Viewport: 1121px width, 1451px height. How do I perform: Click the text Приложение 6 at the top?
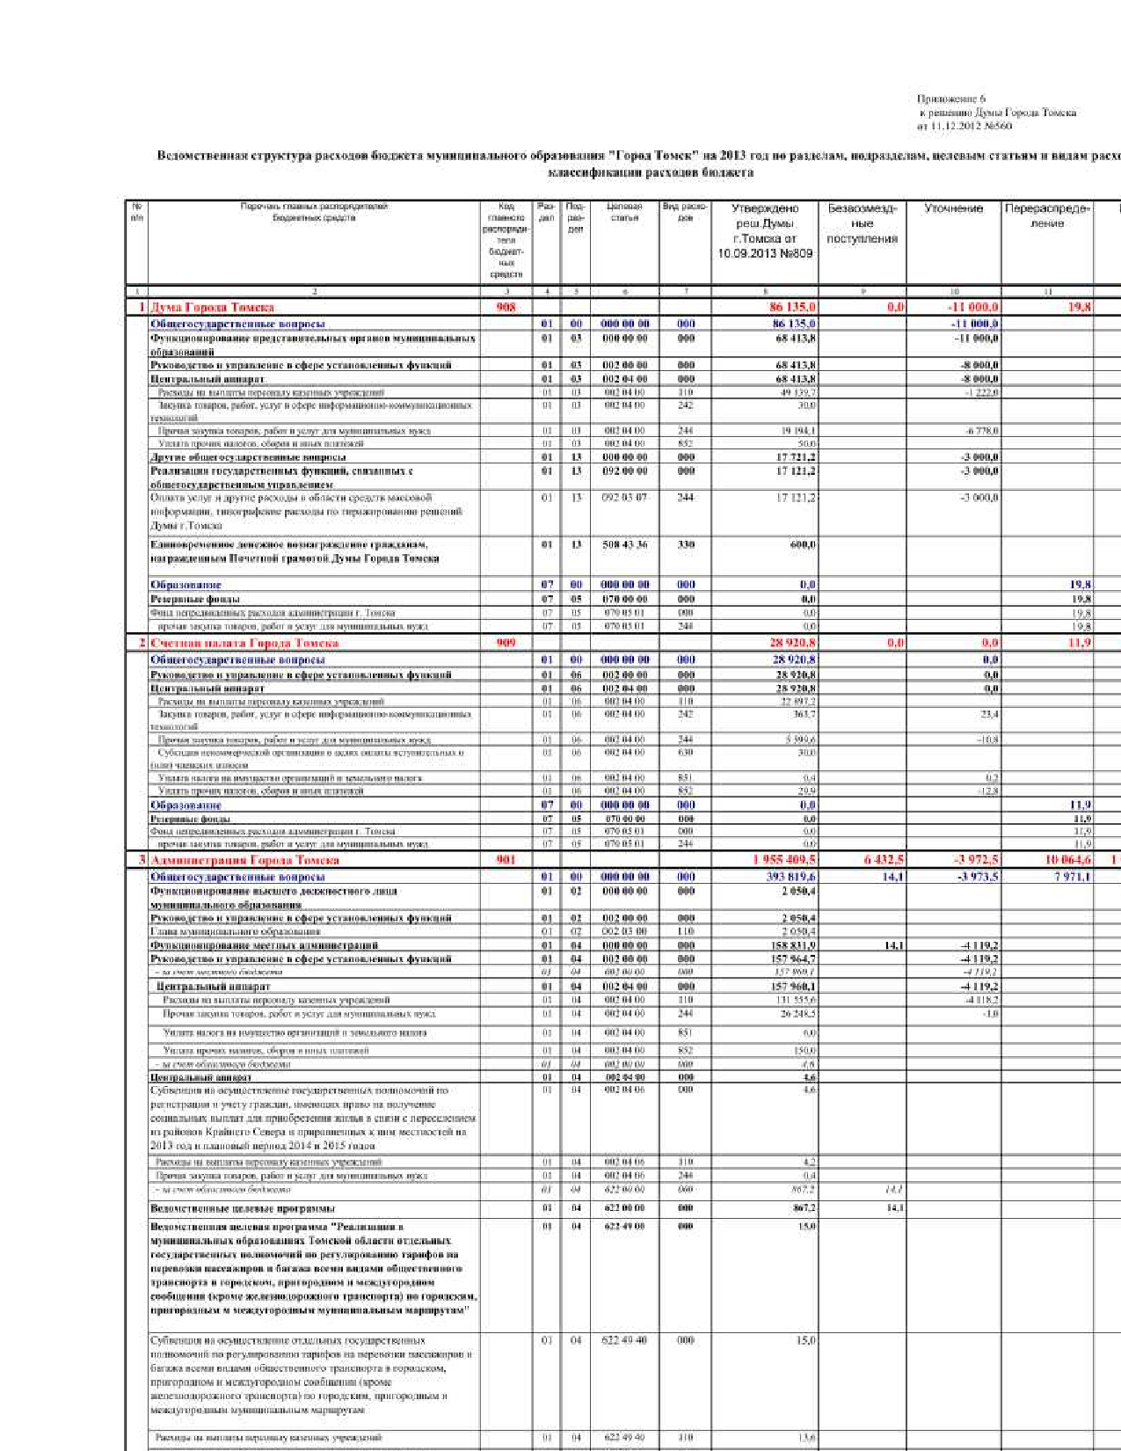click(951, 99)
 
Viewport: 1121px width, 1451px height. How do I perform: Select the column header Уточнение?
click(953, 209)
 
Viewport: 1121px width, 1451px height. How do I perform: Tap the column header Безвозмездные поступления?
click(862, 223)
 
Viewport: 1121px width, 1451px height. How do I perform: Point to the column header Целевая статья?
click(624, 212)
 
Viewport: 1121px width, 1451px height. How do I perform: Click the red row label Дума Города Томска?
click(212, 308)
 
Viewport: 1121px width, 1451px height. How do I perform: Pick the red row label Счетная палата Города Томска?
click(244, 643)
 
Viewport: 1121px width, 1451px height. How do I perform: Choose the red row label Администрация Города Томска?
click(244, 860)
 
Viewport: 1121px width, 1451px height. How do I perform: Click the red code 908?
click(506, 308)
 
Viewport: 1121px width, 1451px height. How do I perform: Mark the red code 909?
click(506, 643)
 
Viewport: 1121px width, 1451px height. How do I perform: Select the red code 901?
click(506, 860)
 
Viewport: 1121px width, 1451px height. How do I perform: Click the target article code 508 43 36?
click(624, 545)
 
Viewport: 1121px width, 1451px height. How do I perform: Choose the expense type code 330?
click(686, 545)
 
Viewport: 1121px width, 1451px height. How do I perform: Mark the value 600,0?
click(803, 545)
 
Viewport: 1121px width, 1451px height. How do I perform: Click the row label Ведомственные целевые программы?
click(243, 1208)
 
